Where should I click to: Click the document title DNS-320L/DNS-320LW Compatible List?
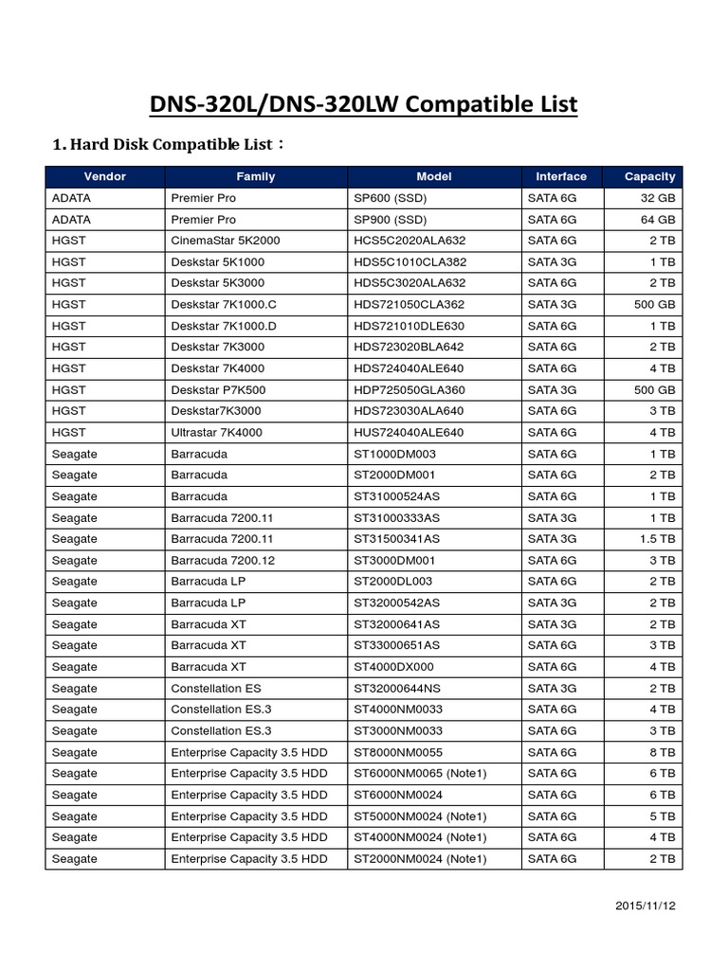click(x=364, y=104)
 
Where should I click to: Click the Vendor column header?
click(x=104, y=176)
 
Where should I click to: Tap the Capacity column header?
click(x=649, y=176)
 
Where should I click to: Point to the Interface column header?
click(x=561, y=176)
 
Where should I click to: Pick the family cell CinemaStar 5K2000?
click(x=226, y=241)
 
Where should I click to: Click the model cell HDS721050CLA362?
click(x=409, y=304)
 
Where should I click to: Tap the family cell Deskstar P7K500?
click(x=217, y=389)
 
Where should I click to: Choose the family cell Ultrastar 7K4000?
click(x=218, y=432)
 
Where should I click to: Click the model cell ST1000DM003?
click(x=394, y=454)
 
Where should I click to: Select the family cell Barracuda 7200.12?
click(x=223, y=561)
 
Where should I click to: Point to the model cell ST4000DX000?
click(x=395, y=667)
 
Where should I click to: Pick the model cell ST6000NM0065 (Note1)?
click(x=420, y=774)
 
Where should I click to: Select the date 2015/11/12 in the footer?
click(x=646, y=906)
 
